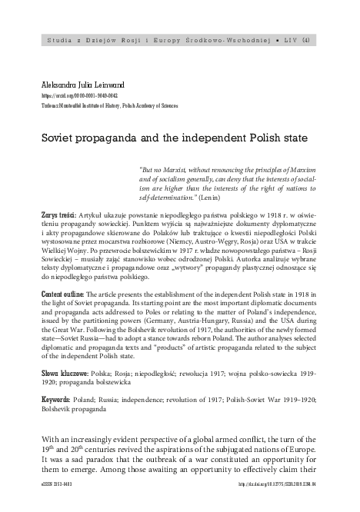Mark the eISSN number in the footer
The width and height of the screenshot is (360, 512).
point(46,505)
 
